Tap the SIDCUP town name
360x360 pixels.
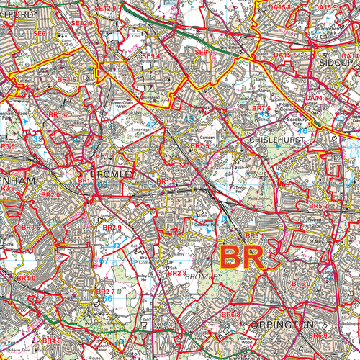(x=338, y=64)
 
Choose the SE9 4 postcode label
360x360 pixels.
(x=151, y=56)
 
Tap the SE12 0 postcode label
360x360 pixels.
(x=83, y=23)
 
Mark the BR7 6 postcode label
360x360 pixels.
(x=261, y=108)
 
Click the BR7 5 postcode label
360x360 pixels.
(x=199, y=145)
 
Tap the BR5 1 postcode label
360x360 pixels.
(x=254, y=235)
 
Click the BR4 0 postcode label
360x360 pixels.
(x=25, y=278)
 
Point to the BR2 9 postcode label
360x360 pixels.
(x=112, y=228)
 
